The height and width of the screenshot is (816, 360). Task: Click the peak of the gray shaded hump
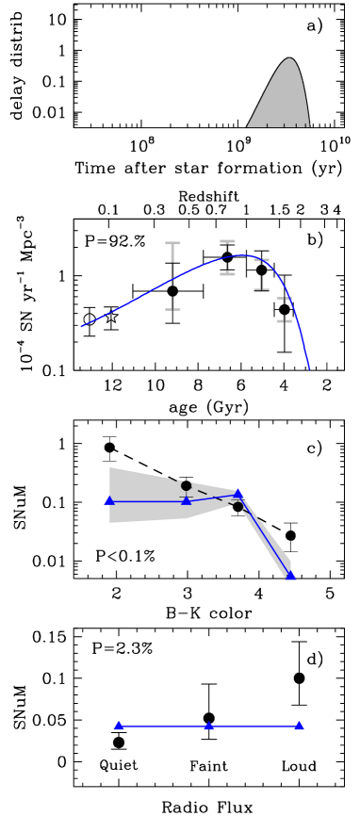(x=289, y=59)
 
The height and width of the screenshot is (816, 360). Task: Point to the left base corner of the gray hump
(x=248, y=126)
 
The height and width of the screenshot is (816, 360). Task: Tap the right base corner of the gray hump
(x=309, y=126)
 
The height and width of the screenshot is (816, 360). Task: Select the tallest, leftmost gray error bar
(x=172, y=276)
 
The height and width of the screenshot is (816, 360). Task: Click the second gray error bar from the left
(x=227, y=257)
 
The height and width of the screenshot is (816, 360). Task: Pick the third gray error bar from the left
(x=261, y=274)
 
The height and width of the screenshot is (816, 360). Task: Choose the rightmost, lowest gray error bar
(x=284, y=310)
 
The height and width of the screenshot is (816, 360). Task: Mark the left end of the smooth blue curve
(x=82, y=326)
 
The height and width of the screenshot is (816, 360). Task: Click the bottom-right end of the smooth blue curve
(x=309, y=369)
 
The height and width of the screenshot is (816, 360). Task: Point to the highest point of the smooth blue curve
(x=241, y=254)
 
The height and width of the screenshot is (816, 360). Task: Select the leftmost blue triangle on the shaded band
(x=109, y=500)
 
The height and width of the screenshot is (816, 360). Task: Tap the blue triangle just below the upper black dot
(x=186, y=500)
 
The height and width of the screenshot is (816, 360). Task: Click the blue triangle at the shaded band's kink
(x=238, y=493)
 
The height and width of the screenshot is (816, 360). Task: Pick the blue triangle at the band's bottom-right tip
(x=290, y=575)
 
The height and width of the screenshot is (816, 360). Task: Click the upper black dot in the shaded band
(x=186, y=486)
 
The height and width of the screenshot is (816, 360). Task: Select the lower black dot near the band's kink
(x=237, y=507)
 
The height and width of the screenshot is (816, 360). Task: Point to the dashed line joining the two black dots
(x=211, y=497)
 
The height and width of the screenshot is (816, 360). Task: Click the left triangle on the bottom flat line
(x=119, y=726)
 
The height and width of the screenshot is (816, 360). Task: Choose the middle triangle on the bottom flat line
(x=209, y=726)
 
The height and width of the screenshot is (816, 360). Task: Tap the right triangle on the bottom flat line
(x=299, y=726)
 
